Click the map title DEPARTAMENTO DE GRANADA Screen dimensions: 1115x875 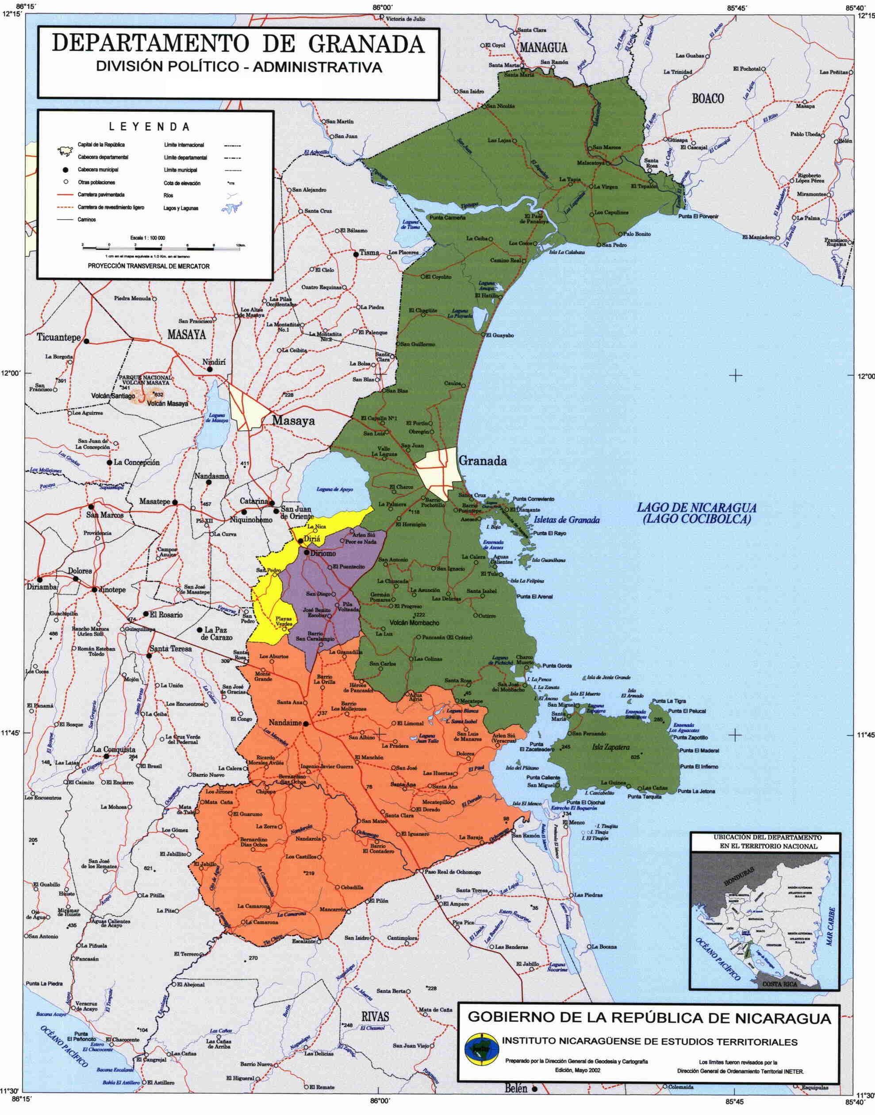pos(238,45)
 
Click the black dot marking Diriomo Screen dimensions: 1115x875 pos(306,552)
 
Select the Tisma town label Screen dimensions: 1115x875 pos(369,253)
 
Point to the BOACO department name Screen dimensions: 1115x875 pos(707,98)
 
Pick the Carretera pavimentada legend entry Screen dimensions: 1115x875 pos(101,195)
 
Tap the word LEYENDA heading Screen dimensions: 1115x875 pos(149,127)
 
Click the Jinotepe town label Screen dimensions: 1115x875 pos(113,590)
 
